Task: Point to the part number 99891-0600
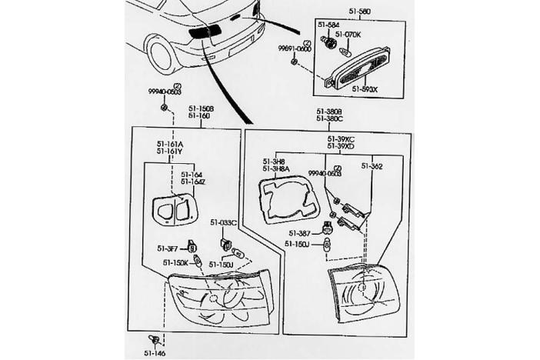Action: tap(295, 48)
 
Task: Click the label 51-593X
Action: tap(365, 89)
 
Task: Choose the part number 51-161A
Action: tap(171, 144)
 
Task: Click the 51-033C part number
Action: tap(224, 222)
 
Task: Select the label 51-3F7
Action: tap(167, 248)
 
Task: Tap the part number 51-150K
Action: tap(175, 263)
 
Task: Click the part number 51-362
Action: tap(372, 165)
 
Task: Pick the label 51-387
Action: tap(300, 232)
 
